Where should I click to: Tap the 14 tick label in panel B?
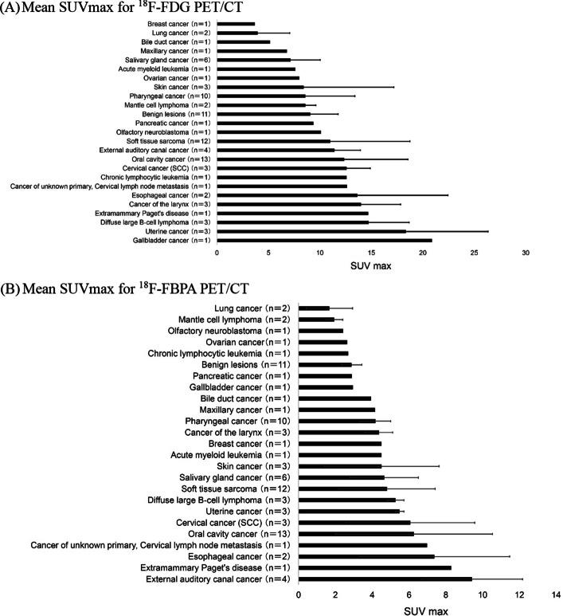556,594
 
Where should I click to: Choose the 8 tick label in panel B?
446,594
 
